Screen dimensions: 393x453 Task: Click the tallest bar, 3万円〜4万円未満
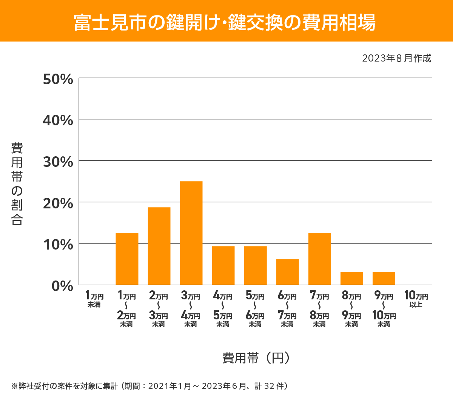[191, 233]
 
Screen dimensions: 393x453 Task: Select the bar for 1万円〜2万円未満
[127, 259]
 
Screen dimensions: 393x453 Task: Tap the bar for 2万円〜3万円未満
[159, 246]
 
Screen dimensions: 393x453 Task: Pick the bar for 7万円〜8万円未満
[319, 259]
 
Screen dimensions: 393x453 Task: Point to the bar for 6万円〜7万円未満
[287, 272]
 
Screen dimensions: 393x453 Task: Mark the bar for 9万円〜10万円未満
[384, 278]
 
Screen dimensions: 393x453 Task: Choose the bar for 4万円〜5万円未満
[223, 265]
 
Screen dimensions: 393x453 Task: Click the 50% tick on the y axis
[58, 79]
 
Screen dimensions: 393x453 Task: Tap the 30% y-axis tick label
[58, 162]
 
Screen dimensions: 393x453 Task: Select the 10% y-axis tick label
[58, 245]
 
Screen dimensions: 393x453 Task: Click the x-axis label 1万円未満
[94, 299]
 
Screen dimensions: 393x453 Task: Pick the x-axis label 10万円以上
[416, 299]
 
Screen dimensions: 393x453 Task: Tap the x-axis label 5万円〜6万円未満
[255, 309]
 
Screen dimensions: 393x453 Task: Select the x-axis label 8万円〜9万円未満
[351, 309]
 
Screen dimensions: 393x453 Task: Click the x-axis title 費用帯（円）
[256, 358]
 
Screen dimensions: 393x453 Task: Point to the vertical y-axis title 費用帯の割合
[17, 183]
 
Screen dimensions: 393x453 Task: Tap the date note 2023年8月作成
[396, 59]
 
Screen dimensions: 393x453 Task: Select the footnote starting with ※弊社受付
[150, 386]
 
